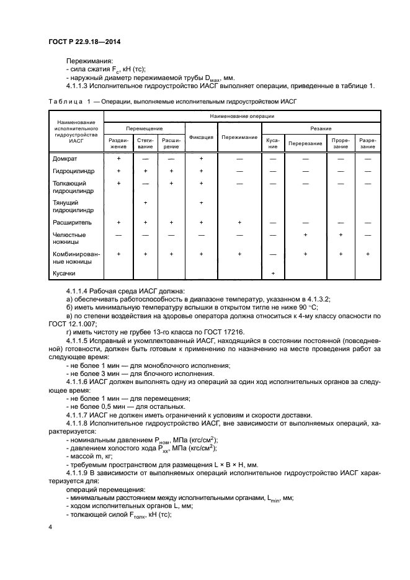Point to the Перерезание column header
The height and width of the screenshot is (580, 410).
tap(305, 143)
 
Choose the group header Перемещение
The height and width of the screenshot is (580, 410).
tap(144, 127)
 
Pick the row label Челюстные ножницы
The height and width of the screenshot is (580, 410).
tap(69, 238)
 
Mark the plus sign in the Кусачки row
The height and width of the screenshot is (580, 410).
tap(273, 274)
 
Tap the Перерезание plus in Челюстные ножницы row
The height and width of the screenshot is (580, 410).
tap(305, 234)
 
